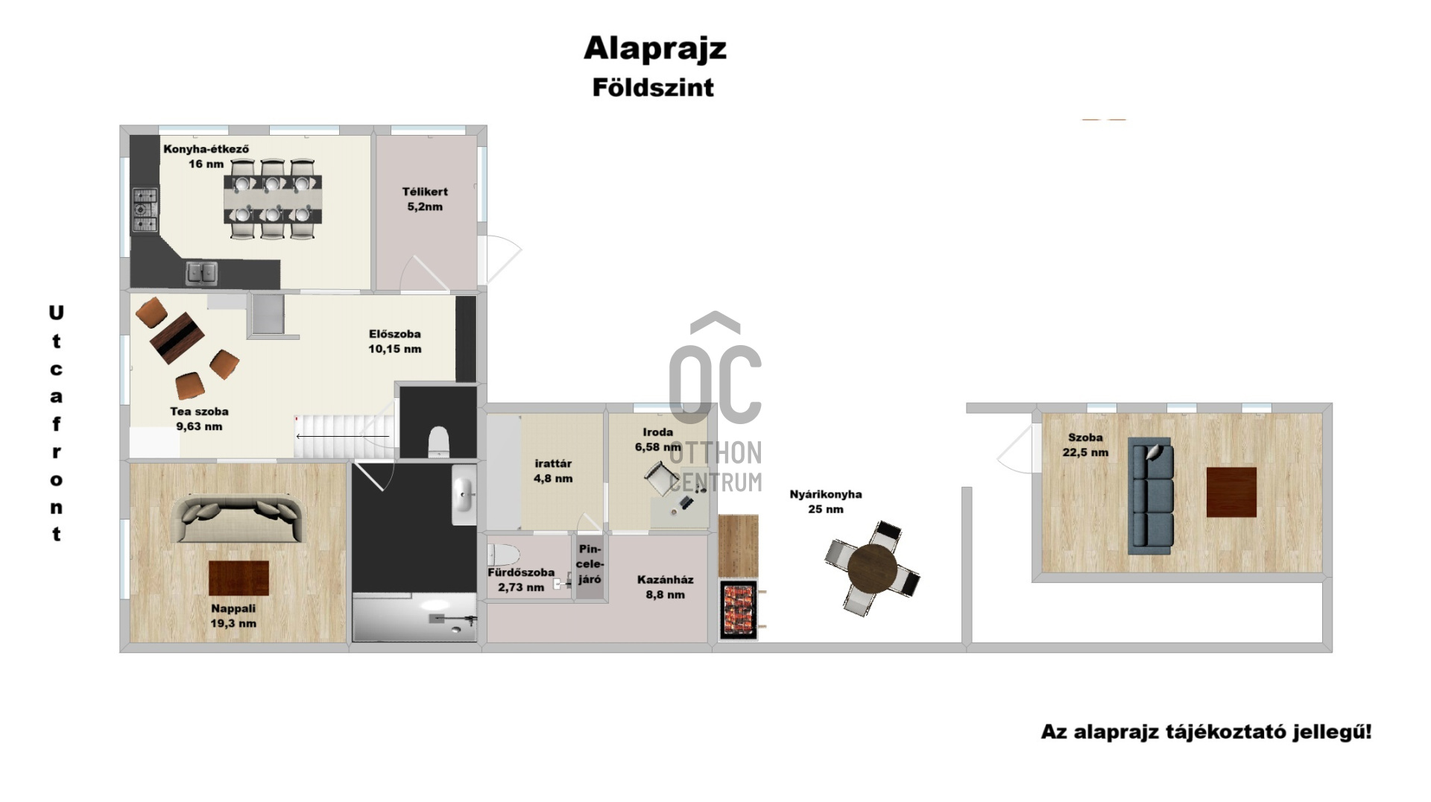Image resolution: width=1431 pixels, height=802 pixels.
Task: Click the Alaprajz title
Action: pyautogui.click(x=654, y=48)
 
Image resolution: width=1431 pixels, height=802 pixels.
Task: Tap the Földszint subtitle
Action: pyautogui.click(x=653, y=87)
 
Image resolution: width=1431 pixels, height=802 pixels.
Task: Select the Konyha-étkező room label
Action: pyautogui.click(x=206, y=156)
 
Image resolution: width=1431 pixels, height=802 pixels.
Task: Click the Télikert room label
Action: pyautogui.click(x=425, y=199)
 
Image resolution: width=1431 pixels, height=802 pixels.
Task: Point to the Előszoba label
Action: pyautogui.click(x=394, y=341)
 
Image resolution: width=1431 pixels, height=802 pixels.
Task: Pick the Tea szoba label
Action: pyautogui.click(x=199, y=419)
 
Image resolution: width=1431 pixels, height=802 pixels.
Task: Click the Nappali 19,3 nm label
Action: pyautogui.click(x=233, y=616)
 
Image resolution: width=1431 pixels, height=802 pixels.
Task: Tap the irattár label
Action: pyautogui.click(x=553, y=471)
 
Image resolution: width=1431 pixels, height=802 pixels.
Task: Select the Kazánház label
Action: pyautogui.click(x=666, y=587)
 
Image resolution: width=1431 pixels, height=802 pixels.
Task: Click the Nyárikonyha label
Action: pyautogui.click(x=826, y=502)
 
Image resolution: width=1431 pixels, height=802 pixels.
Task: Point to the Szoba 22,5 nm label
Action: pyautogui.click(x=1085, y=445)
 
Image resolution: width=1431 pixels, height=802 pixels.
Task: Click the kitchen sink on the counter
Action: pyautogui.click(x=201, y=273)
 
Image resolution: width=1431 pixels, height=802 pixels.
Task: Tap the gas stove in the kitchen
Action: pyautogui.click(x=145, y=209)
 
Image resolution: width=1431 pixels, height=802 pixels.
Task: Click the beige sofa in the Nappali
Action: pyautogui.click(x=238, y=518)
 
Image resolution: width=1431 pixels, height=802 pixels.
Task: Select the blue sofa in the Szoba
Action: pyautogui.click(x=1151, y=496)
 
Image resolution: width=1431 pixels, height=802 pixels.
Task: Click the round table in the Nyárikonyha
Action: pyautogui.click(x=872, y=568)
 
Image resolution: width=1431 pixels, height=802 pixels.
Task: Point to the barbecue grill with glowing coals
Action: pyautogui.click(x=739, y=609)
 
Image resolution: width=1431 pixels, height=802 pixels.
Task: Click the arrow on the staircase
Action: pyautogui.click(x=343, y=436)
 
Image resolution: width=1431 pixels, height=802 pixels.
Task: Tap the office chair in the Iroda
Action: pyautogui.click(x=661, y=478)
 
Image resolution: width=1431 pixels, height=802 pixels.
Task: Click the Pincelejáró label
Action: pyautogui.click(x=590, y=563)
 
